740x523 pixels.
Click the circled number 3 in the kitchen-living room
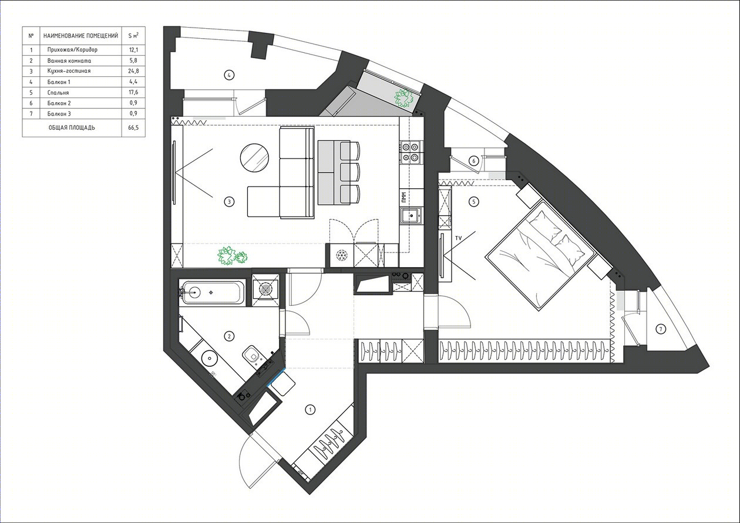229,201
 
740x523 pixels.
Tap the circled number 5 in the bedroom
474,201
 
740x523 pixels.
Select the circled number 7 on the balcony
661,329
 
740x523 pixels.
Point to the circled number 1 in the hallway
310,410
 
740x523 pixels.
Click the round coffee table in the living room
254,158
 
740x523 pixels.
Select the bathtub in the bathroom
212,292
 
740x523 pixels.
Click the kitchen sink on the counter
411,216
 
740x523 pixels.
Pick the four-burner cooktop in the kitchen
411,152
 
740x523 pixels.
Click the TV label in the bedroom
458,238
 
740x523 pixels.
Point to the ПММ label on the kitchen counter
403,197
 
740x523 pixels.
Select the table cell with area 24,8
133,70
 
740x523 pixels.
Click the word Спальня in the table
58,93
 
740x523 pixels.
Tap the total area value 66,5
133,127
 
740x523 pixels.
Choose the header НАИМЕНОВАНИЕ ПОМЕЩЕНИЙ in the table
80,36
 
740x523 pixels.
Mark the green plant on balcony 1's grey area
404,98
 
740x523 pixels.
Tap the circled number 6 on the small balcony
474,161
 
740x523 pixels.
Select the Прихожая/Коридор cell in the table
72,50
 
